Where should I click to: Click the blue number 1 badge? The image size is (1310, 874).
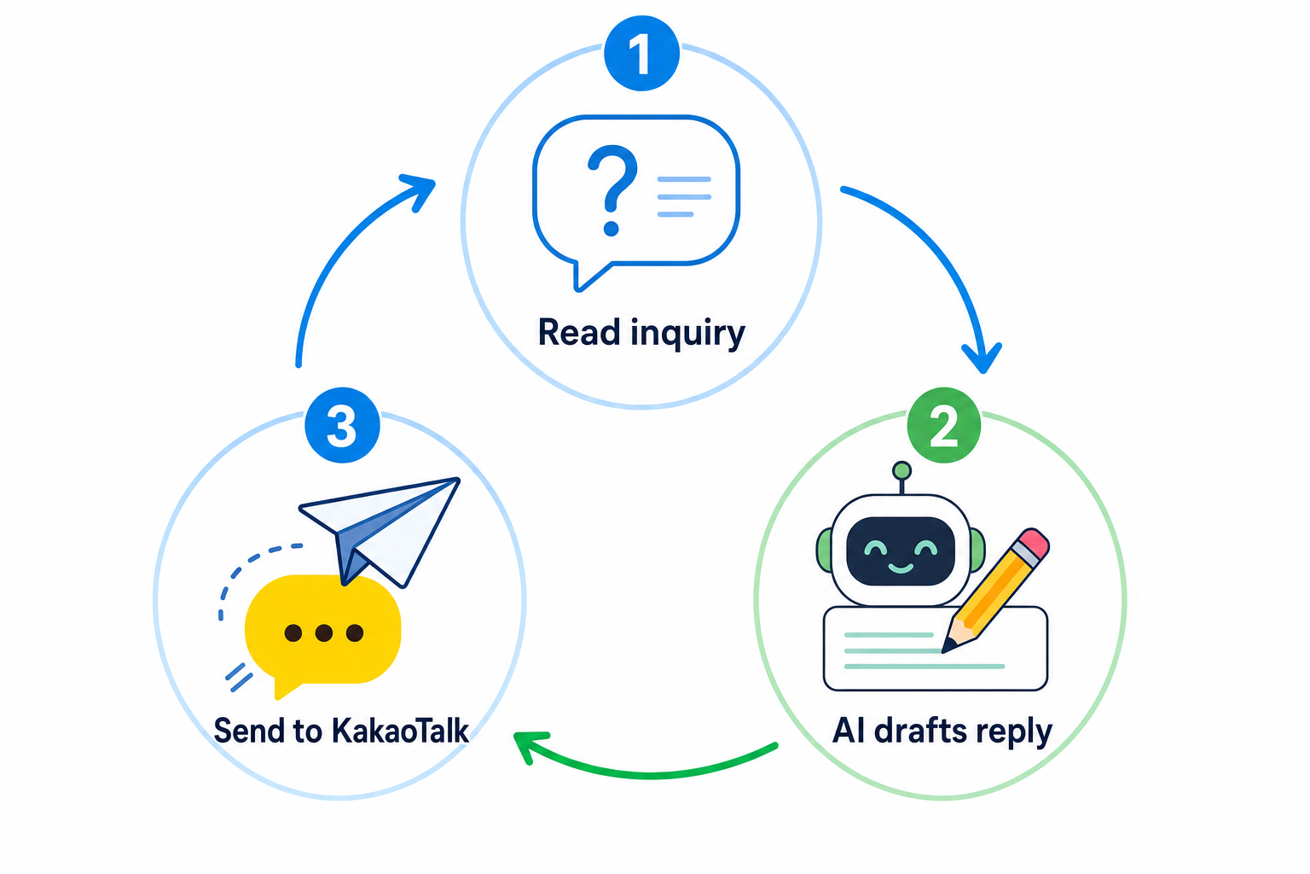pos(641,53)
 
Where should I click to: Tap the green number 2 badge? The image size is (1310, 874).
pos(943,425)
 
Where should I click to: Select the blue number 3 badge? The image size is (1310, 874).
pos(342,425)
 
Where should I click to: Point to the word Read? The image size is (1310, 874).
pos(579,333)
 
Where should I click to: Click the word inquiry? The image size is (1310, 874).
pos(687,335)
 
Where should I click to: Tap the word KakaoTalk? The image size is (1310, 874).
pos(400,731)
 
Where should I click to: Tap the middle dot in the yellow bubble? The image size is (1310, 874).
pos(324,632)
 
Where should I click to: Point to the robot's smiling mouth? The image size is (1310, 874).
pos(901,568)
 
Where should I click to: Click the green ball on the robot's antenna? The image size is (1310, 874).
pos(901,470)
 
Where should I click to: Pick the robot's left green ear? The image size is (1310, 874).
pos(824,549)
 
